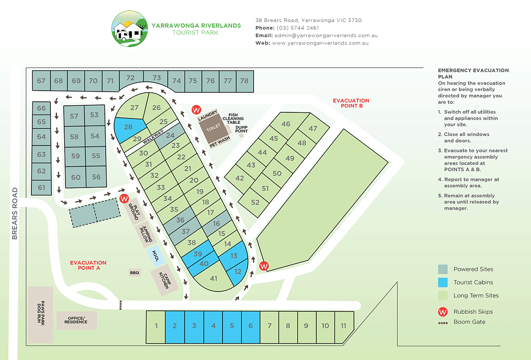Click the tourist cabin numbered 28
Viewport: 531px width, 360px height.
coord(128,127)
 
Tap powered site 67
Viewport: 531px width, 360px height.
coord(41,81)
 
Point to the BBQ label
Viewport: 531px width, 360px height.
coord(135,273)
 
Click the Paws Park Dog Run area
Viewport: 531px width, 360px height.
coord(41,314)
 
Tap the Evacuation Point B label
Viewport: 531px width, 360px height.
coord(351,103)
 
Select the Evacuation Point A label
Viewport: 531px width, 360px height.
coord(88,265)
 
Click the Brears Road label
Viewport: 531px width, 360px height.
coord(15,214)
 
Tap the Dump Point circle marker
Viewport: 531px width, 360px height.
coord(241,135)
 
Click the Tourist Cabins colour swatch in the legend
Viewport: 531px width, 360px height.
coord(442,282)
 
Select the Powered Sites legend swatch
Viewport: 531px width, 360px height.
coord(442,269)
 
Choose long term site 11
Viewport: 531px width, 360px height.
coord(344,326)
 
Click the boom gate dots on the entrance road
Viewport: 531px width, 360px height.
coord(120,305)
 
